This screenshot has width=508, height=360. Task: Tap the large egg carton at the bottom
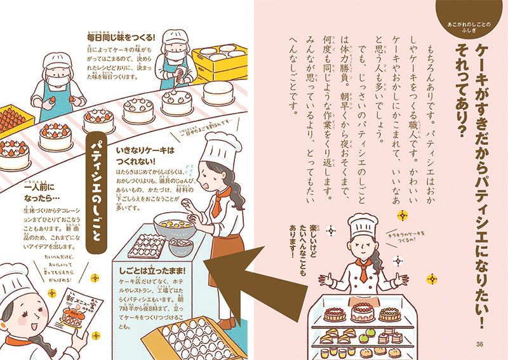[190, 337]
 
